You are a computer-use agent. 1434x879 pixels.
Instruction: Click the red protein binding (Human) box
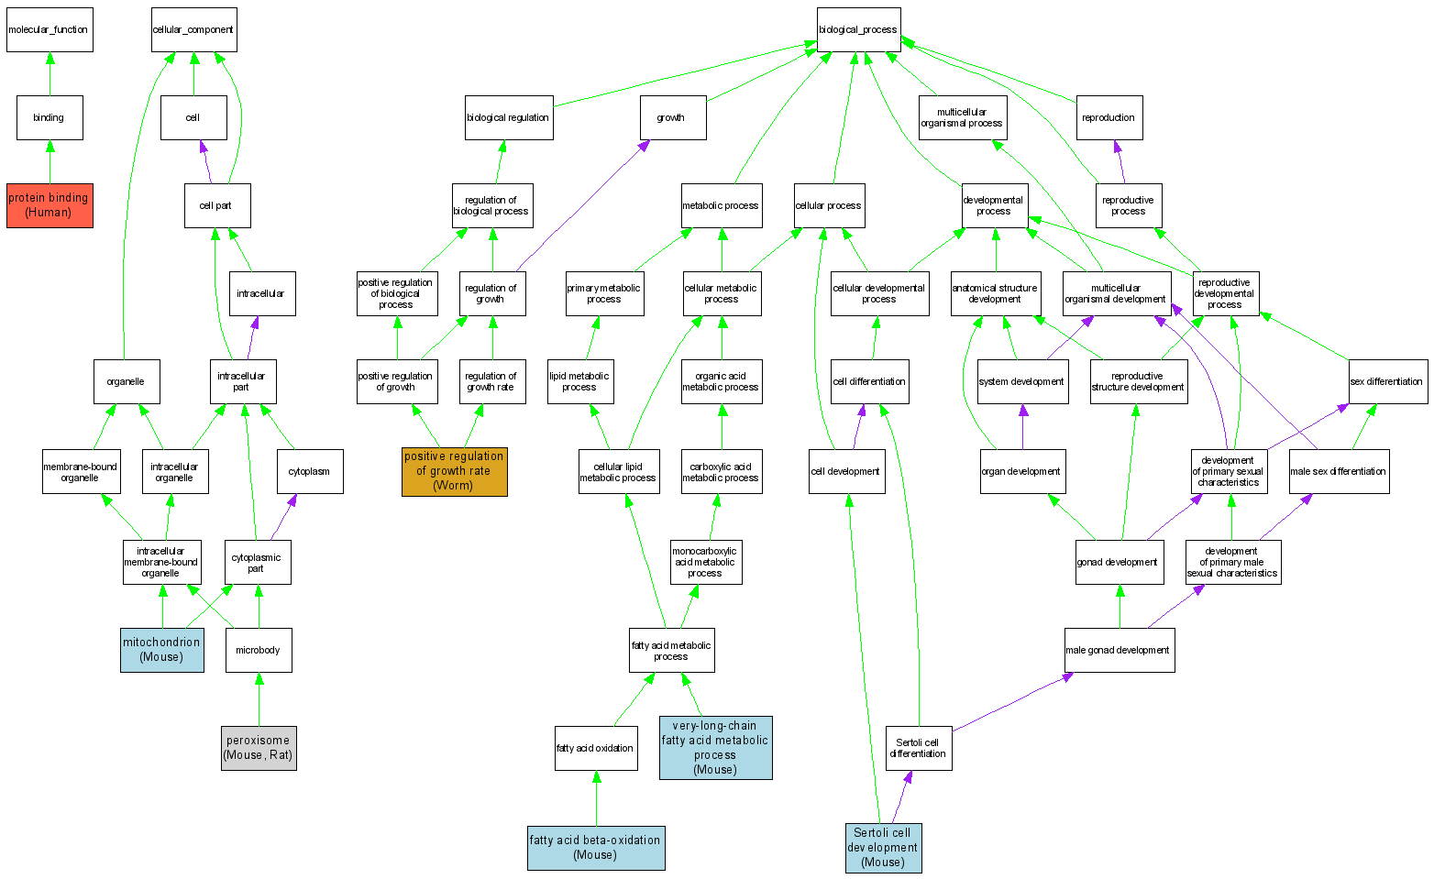(50, 205)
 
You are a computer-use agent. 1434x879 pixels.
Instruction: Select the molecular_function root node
(50, 30)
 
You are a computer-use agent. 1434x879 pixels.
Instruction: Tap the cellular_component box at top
(193, 30)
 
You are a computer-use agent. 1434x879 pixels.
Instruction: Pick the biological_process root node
(858, 30)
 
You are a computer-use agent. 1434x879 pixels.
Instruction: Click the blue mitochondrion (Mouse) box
(161, 650)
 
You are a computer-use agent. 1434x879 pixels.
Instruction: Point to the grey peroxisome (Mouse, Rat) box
(259, 748)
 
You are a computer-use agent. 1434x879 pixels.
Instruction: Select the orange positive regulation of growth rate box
(454, 471)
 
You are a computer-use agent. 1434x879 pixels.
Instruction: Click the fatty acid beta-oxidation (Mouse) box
(596, 848)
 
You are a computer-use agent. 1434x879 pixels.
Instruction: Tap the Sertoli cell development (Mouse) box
(883, 848)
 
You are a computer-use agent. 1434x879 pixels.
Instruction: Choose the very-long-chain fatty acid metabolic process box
(715, 748)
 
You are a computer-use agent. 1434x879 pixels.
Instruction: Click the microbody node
(259, 650)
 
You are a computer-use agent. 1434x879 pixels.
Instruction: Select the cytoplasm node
(310, 471)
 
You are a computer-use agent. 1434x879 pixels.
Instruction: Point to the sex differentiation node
(1387, 381)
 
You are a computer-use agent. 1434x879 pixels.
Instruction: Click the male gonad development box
(1119, 650)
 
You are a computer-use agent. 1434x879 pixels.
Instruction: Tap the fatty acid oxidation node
(596, 748)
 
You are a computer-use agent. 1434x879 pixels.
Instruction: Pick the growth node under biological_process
(672, 117)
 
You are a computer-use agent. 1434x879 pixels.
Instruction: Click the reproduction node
(1109, 117)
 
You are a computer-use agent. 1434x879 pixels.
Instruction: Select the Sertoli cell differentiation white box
(918, 748)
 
